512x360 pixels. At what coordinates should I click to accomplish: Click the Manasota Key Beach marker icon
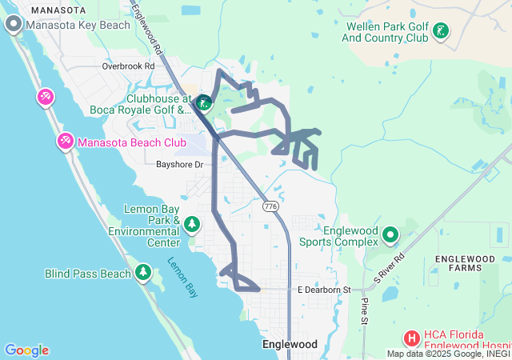(x=14, y=25)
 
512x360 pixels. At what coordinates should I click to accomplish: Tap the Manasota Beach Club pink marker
(x=65, y=142)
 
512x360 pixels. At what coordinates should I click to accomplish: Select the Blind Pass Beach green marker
(x=143, y=273)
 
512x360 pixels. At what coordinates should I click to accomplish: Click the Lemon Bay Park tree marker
(x=191, y=223)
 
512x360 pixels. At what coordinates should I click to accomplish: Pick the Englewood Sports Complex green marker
(x=390, y=235)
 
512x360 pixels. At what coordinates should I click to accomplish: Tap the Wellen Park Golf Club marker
(x=439, y=32)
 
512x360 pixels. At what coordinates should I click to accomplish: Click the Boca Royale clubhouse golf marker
(x=204, y=102)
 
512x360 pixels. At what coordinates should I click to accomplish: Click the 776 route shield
(x=271, y=206)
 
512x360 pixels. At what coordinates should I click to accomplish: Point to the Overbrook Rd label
(x=128, y=66)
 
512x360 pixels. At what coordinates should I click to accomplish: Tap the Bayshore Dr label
(x=180, y=164)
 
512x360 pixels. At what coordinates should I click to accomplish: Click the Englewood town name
(x=290, y=344)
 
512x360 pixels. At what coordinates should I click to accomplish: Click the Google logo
(x=26, y=350)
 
